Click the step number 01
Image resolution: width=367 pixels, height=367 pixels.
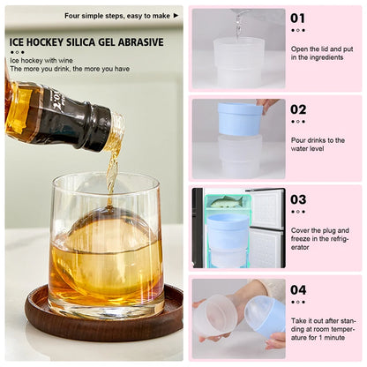point(298,18)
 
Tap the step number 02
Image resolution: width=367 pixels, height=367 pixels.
point(298,109)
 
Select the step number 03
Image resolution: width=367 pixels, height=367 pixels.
point(298,199)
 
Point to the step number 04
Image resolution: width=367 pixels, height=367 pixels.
point(298,289)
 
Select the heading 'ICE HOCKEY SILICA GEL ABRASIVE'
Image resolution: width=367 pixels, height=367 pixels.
point(86,41)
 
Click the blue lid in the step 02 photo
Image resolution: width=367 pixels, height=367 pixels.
point(240,119)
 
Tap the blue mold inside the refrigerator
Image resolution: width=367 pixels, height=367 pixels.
point(228,231)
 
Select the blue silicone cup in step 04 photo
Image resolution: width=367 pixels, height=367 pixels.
point(265,314)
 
